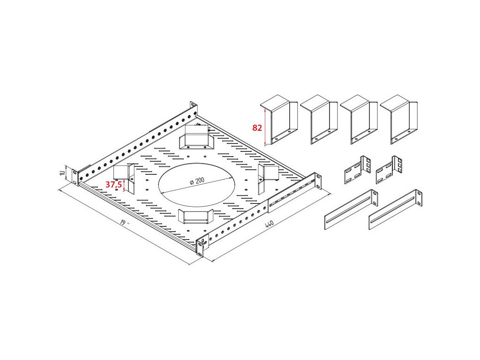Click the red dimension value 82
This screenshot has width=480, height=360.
257,127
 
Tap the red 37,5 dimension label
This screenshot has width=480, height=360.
113,185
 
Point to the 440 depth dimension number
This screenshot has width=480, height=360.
269,225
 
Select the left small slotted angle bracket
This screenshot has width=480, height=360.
357,171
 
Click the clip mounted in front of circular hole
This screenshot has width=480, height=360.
195,217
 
